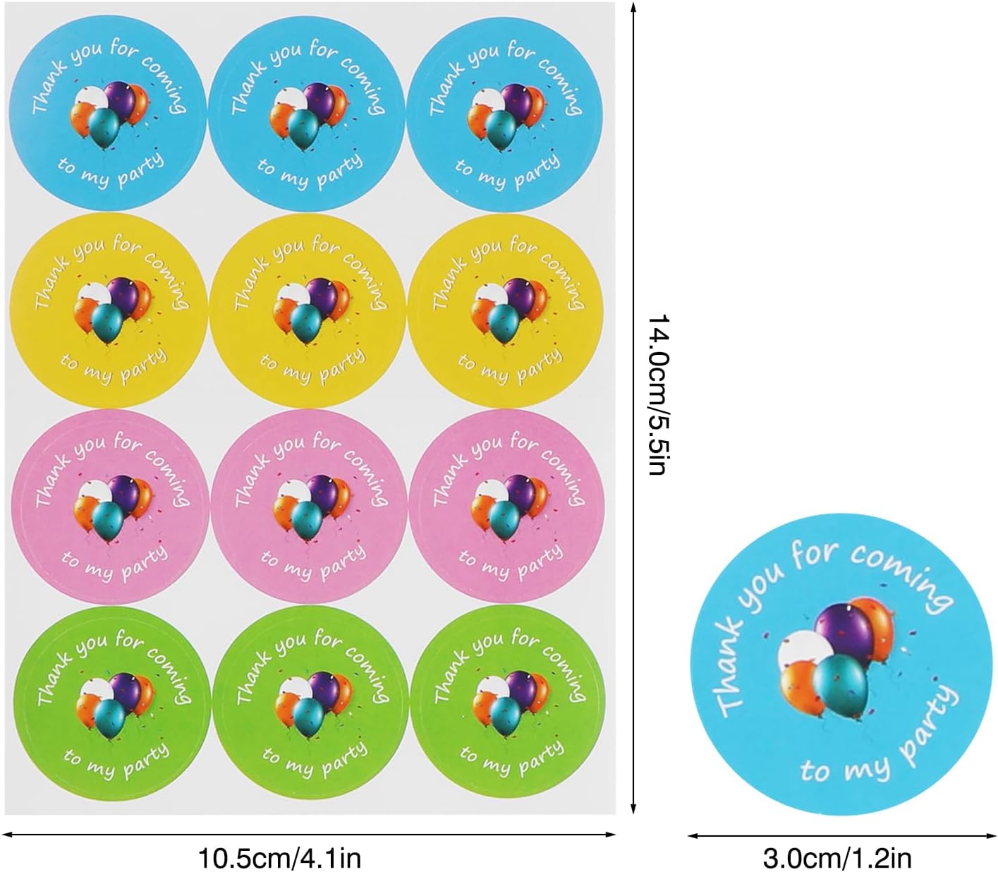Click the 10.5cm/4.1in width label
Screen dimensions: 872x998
tap(280, 858)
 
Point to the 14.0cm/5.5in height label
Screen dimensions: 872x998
tap(658, 395)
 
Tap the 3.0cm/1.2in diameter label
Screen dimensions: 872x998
tap(837, 858)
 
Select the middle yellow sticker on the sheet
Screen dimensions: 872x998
tap(309, 311)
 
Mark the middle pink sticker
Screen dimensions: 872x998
tap(309, 507)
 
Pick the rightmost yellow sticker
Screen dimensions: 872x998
tap(506, 311)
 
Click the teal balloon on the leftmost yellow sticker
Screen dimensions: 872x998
tap(107, 322)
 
